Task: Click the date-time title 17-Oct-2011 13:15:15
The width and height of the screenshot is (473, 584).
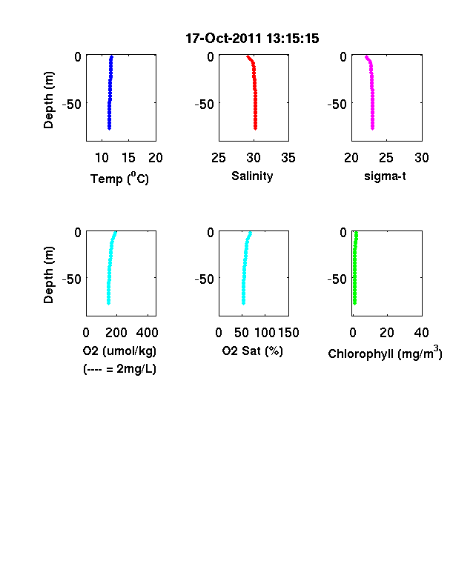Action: [x=252, y=39]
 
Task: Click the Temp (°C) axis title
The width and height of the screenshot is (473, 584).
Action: [x=119, y=179]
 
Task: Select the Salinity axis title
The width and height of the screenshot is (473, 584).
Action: [x=252, y=176]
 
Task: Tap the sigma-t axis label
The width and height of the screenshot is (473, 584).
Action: [x=385, y=176]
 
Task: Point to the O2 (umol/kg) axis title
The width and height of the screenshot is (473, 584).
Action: [x=119, y=351]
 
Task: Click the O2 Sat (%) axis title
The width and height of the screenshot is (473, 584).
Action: [x=253, y=351]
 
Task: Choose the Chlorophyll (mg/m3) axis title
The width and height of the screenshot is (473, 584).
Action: [x=385, y=353]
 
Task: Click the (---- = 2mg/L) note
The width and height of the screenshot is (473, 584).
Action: [x=119, y=369]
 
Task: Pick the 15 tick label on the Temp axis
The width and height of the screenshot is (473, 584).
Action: [x=128, y=158]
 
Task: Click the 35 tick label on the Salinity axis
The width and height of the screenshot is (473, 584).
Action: [x=288, y=158]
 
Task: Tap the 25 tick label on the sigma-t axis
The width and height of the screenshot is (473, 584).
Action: [x=386, y=158]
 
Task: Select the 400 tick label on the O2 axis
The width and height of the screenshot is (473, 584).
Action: [x=147, y=333]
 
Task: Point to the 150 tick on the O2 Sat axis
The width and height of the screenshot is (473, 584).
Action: [x=288, y=333]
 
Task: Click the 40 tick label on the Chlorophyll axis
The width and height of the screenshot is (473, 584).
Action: [x=421, y=333]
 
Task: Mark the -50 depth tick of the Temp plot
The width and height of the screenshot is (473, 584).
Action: [x=71, y=104]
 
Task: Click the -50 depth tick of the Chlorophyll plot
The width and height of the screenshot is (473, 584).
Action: [x=337, y=279]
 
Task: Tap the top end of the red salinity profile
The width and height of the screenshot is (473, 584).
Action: [x=248, y=56]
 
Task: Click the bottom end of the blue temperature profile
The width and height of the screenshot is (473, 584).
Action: [x=109, y=128]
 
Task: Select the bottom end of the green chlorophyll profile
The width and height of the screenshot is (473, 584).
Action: [x=354, y=303]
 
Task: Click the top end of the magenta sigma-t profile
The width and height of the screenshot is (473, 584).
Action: [x=366, y=57]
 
